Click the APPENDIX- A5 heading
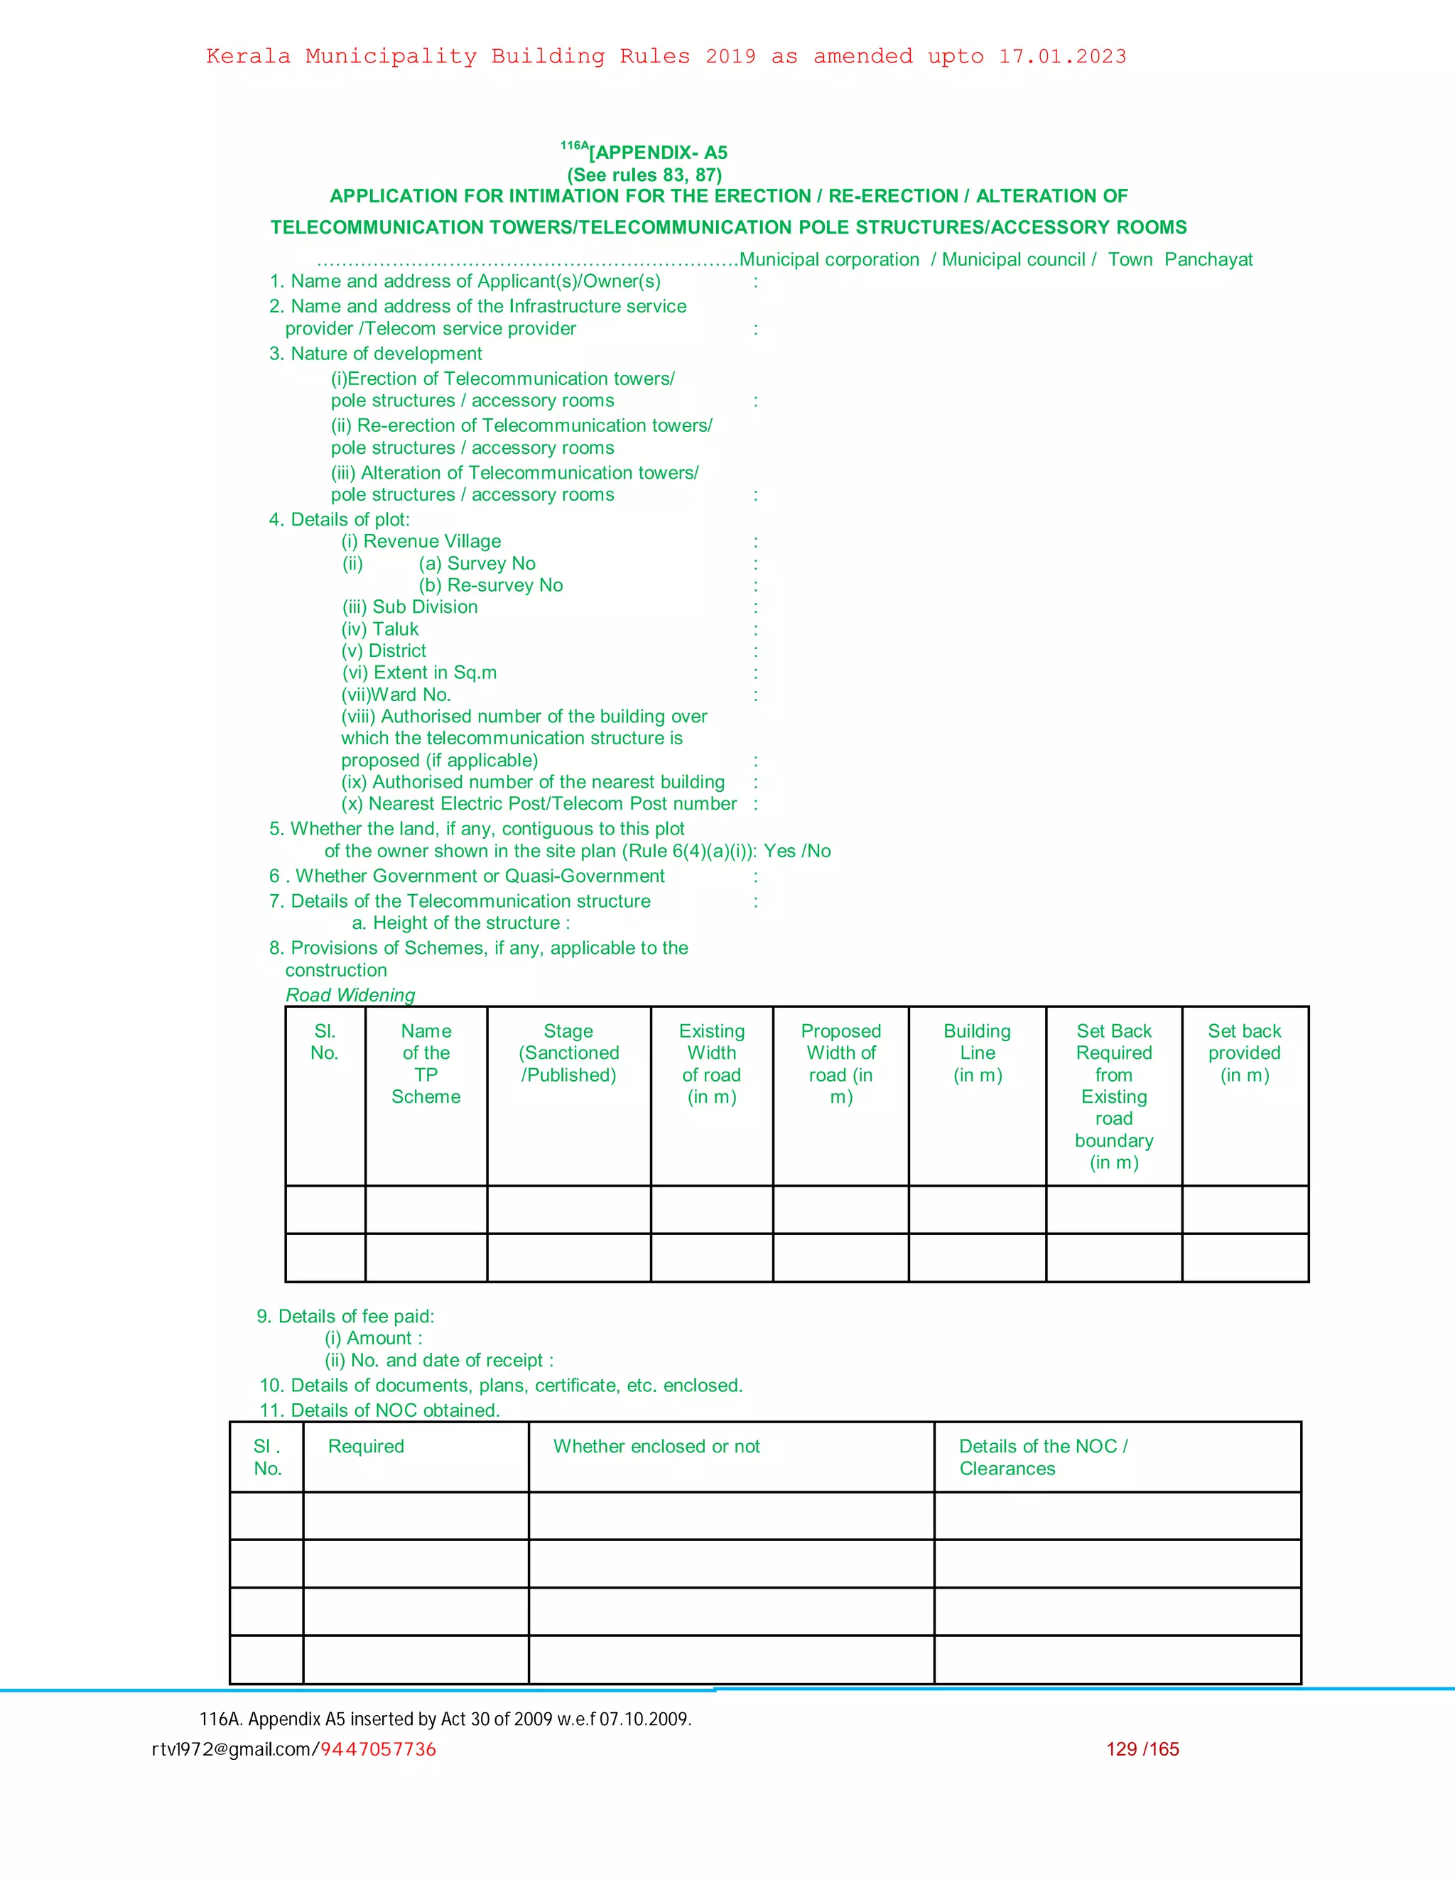(x=659, y=153)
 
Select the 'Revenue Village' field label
(x=421, y=541)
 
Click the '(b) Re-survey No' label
(x=490, y=585)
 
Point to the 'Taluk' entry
(x=380, y=629)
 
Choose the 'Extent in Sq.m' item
(x=420, y=672)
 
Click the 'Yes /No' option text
(x=797, y=852)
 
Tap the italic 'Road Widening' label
(x=350, y=994)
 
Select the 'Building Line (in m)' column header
(x=977, y=1053)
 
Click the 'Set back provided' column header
(x=1244, y=1053)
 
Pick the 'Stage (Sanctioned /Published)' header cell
(x=568, y=1053)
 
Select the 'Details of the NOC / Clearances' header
(x=1043, y=1457)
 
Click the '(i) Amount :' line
(x=373, y=1338)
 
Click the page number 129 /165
(x=1142, y=1748)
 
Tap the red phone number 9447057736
(x=379, y=1748)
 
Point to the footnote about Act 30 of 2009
(x=445, y=1718)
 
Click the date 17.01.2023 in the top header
(x=1062, y=57)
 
